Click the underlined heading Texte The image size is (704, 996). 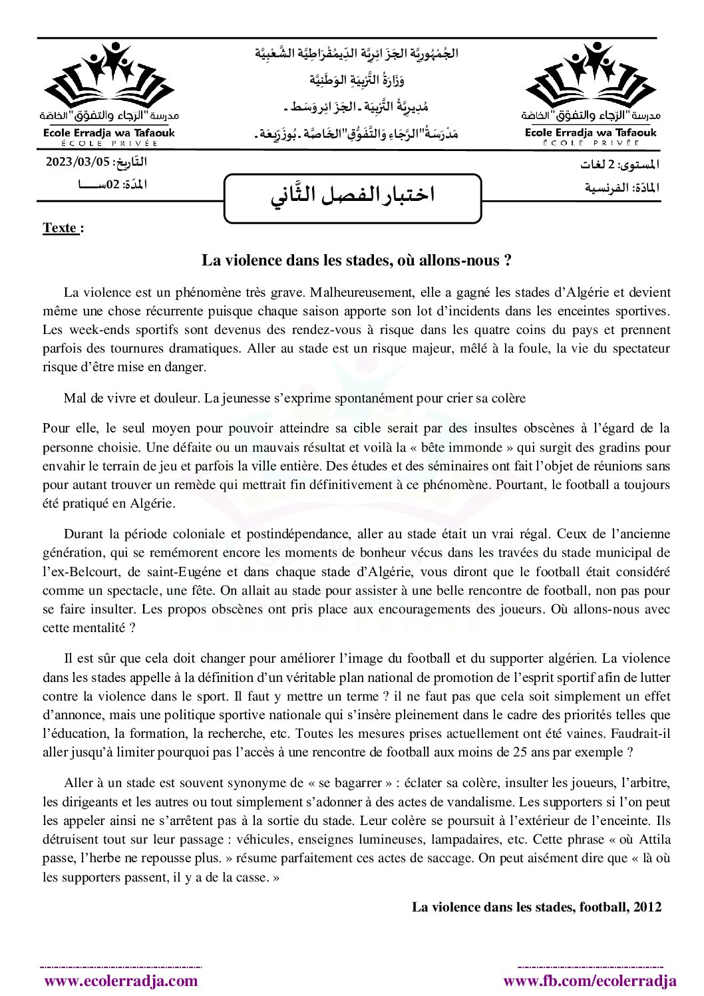60,228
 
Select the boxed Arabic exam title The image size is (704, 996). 353,195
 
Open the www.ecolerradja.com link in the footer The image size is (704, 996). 121,981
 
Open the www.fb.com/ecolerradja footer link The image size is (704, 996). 590,981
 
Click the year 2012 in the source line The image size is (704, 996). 647,907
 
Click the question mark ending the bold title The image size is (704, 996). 508,260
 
